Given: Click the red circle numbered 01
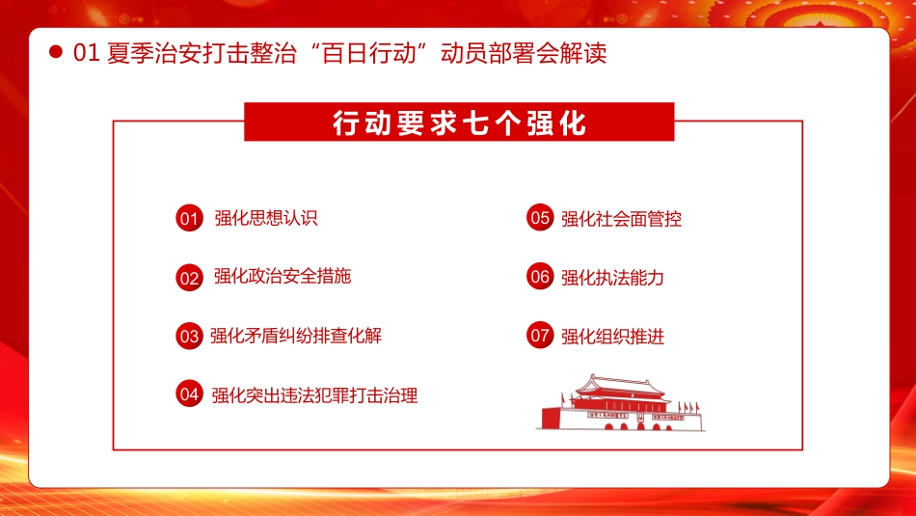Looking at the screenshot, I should tap(189, 219).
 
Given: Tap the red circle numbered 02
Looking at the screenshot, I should tap(189, 278).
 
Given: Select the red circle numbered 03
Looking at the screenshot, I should tap(189, 337).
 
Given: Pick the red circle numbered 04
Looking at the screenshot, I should tap(189, 394).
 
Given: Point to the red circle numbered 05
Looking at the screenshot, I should tap(540, 218).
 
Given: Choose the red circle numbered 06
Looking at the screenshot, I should tap(540, 277).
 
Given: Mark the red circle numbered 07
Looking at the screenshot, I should tap(540, 336).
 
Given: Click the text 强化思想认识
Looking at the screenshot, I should tap(265, 218).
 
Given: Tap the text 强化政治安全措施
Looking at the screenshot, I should tap(282, 277).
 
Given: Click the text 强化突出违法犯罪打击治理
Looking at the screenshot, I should tap(314, 394).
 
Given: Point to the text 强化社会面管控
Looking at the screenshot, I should tap(621, 219).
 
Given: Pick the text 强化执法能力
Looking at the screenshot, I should tap(612, 278).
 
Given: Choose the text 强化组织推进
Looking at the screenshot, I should tap(612, 337).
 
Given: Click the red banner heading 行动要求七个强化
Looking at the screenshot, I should tap(459, 124).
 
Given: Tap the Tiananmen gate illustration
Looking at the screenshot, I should tap(620, 404).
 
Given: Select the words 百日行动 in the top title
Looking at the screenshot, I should tap(387, 53).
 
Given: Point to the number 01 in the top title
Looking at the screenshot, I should tap(87, 53).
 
